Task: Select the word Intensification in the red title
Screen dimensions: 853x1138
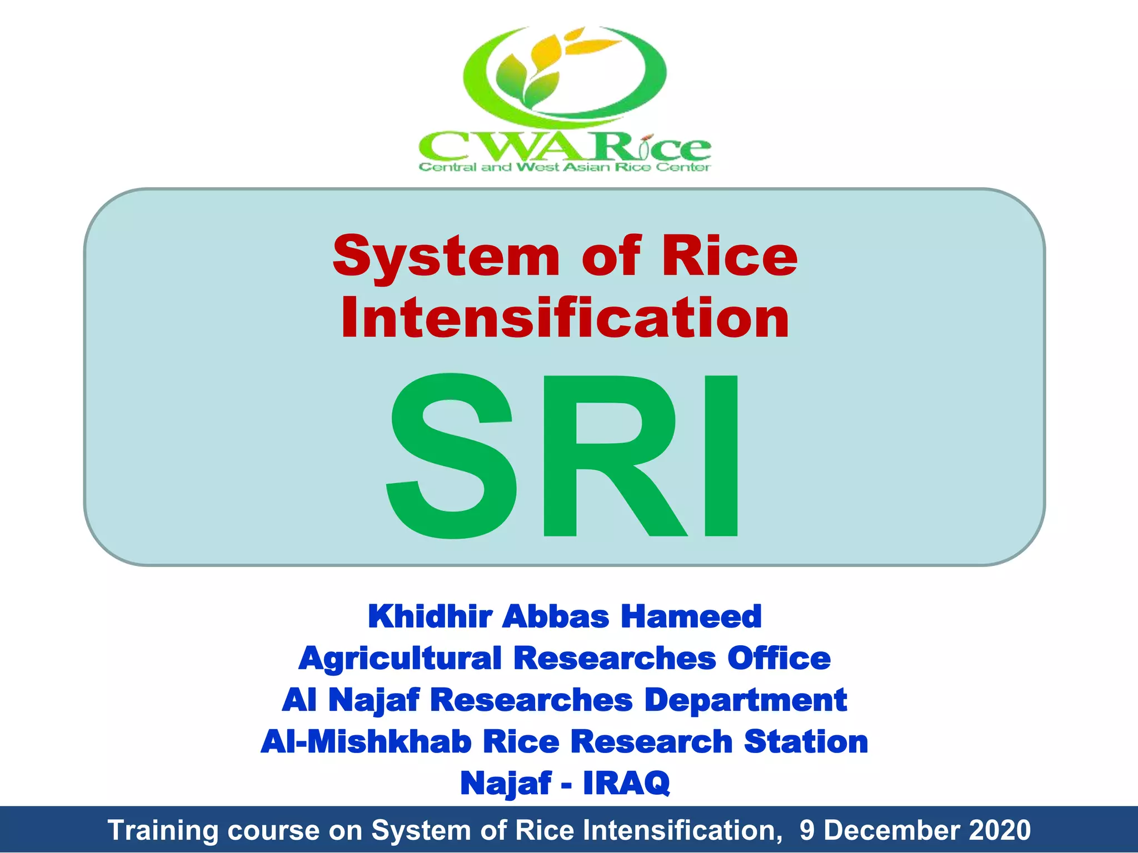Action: [x=565, y=318]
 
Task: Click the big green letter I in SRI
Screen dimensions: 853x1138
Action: [x=721, y=455]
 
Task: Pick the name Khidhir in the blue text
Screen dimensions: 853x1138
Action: [x=430, y=616]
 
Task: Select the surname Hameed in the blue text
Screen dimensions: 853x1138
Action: [x=691, y=616]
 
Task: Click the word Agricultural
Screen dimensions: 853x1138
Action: [x=400, y=659]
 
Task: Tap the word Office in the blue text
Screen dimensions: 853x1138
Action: [x=779, y=659]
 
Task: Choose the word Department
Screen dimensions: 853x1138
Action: [x=746, y=700]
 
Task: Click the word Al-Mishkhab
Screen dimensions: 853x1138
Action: [x=366, y=742]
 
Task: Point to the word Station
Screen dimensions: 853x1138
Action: [x=806, y=742]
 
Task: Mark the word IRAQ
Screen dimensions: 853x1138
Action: [x=626, y=783]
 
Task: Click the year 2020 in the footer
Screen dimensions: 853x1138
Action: [x=1000, y=830]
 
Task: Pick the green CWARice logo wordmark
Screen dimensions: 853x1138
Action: [x=565, y=147]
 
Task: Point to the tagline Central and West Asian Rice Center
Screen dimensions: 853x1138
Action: [x=565, y=167]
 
